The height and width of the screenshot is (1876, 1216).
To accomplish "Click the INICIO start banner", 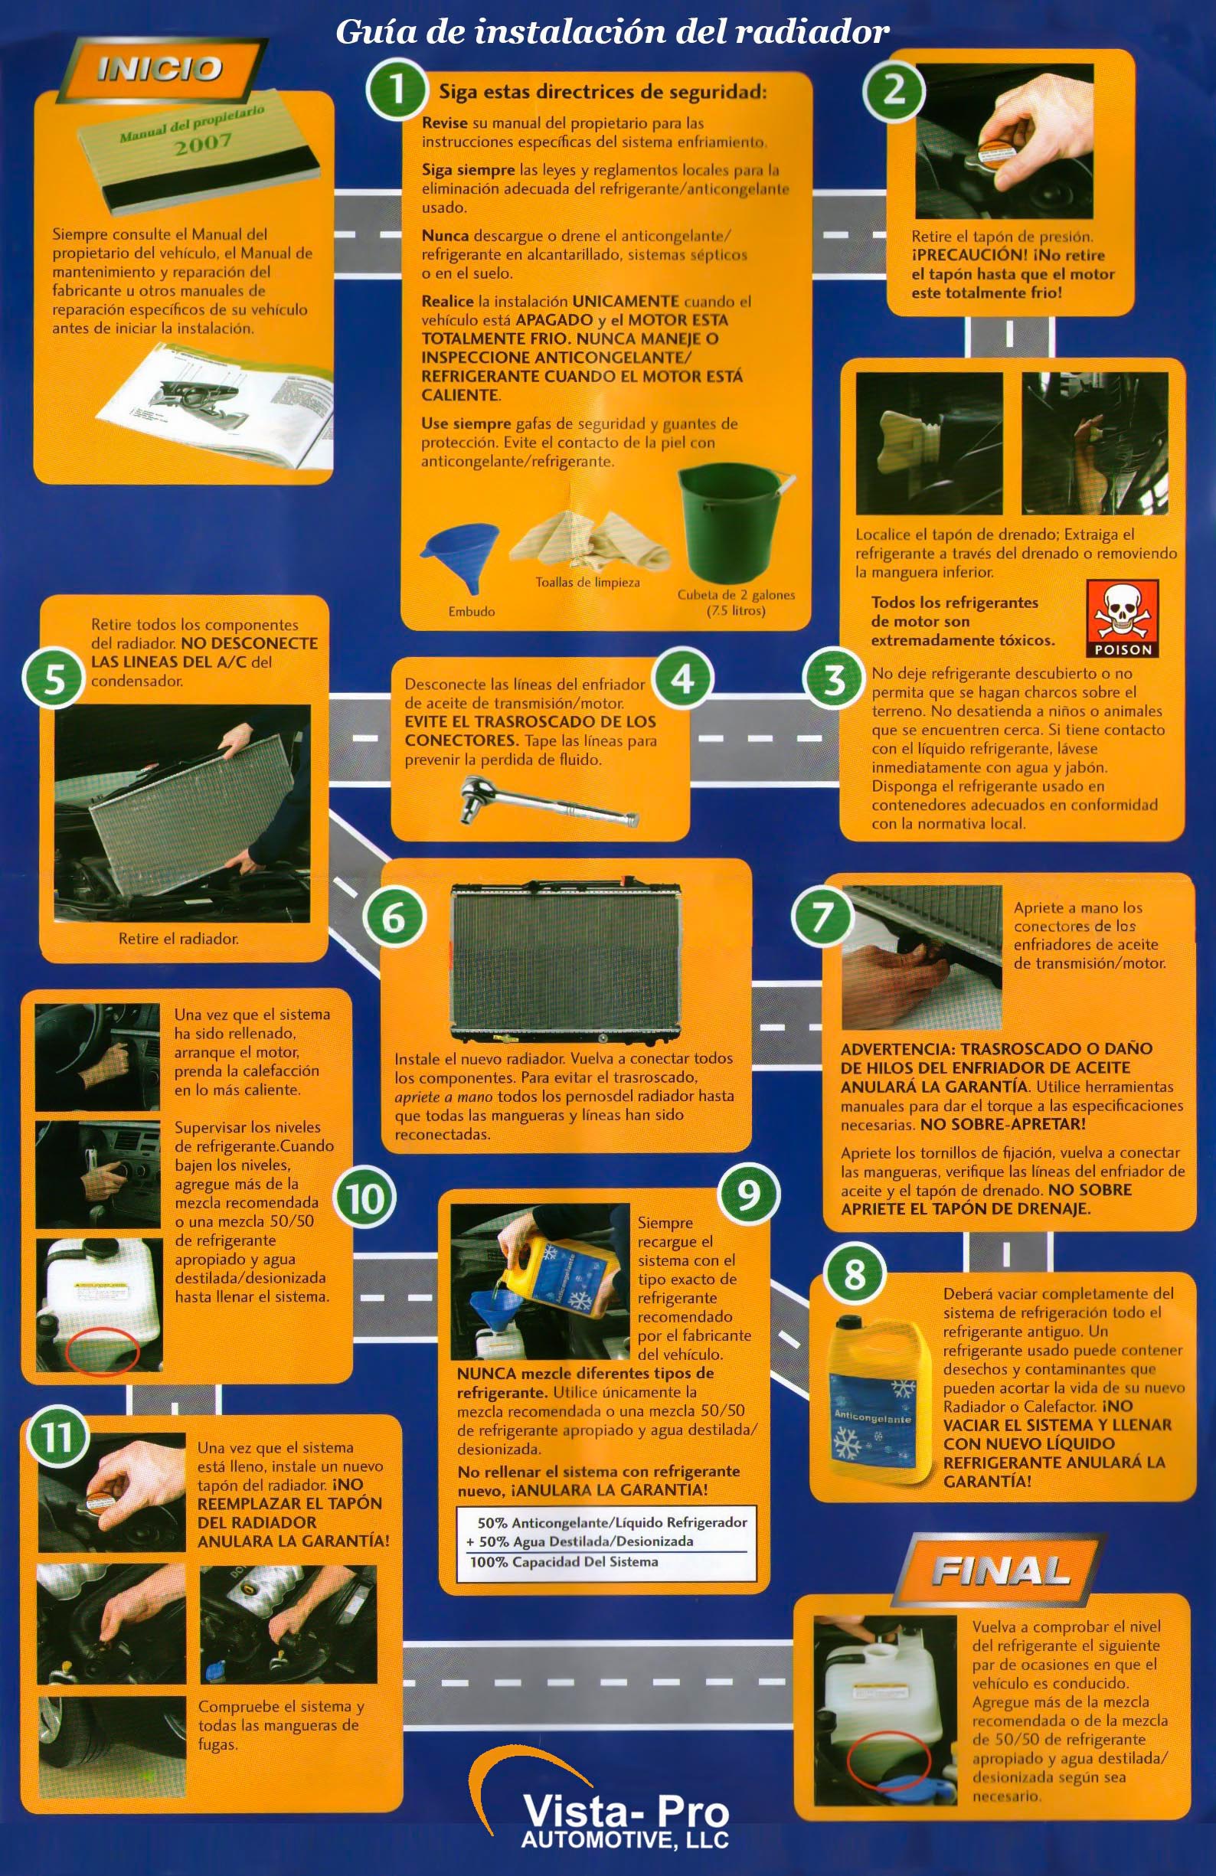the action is (x=157, y=70).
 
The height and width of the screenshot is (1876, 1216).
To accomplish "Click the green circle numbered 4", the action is (x=682, y=677).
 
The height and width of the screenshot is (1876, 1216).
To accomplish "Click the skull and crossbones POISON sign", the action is (x=1123, y=619).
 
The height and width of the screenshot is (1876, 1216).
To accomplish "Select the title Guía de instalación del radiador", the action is (x=613, y=32).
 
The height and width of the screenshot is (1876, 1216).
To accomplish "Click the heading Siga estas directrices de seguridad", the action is (x=602, y=92).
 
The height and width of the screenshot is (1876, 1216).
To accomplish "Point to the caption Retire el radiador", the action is (x=178, y=939).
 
